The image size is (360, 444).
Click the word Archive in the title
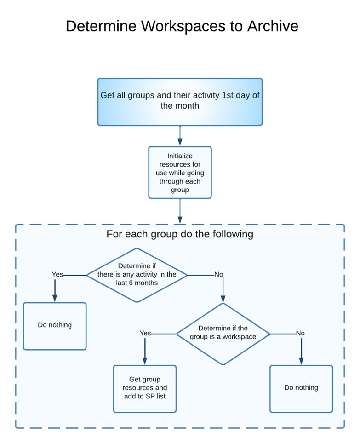click(273, 26)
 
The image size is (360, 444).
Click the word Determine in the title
click(101, 26)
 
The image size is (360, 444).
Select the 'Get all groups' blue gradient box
click(180, 102)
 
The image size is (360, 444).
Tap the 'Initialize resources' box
click(180, 173)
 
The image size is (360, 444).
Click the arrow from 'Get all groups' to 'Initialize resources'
click(180, 136)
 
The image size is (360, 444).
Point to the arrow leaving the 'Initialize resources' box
click(180, 211)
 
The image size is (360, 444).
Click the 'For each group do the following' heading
click(180, 234)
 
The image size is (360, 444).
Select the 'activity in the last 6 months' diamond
click(137, 275)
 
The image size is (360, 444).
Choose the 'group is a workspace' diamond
click(223, 334)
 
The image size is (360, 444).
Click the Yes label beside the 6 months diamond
click(57, 275)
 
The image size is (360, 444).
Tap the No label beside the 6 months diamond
click(218, 275)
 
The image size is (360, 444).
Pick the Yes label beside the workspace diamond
click(145, 333)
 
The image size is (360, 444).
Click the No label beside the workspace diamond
click(300, 333)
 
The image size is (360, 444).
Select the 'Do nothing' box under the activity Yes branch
click(55, 326)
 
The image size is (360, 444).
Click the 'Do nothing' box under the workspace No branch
click(301, 388)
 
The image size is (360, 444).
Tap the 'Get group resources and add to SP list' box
click(145, 388)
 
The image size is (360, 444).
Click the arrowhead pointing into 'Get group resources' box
click(145, 361)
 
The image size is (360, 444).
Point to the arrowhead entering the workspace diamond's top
click(223, 299)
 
